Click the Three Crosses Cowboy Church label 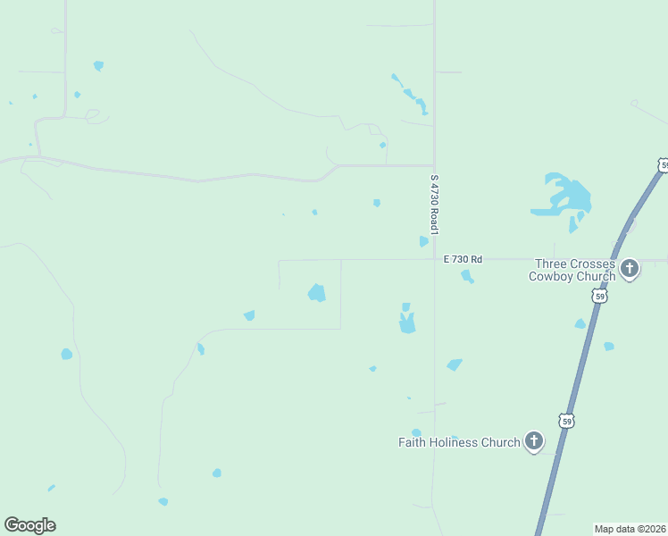pos(573,270)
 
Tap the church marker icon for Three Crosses pos(630,268)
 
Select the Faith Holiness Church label pos(458,442)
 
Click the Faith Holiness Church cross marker pos(533,440)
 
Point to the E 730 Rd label pos(463,259)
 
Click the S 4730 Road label pos(434,205)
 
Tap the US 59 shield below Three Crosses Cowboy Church pos(601,296)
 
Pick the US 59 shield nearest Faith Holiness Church pos(565,420)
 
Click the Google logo pos(29,525)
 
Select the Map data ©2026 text pos(630,529)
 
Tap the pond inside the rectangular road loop pos(316,292)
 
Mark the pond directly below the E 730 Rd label pos(466,277)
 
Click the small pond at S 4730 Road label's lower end pos(423,241)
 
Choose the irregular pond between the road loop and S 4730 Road pos(407,322)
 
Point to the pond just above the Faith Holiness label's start pos(416,433)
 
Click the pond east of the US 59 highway pos(608,346)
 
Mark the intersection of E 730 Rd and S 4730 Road pos(434,260)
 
